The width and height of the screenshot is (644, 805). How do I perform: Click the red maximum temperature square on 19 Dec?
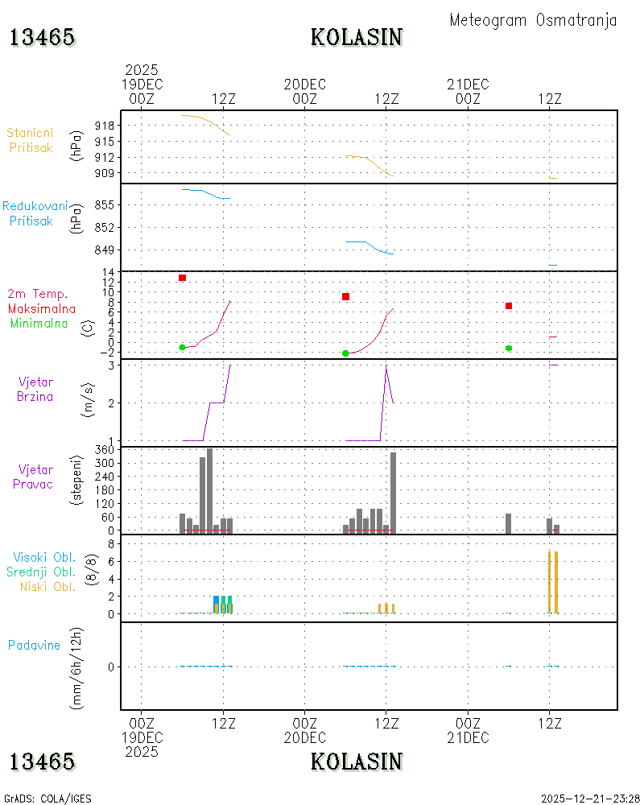click(x=182, y=278)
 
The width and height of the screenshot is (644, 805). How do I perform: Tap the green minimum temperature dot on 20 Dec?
click(x=345, y=353)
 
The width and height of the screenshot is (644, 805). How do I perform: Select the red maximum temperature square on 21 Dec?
click(x=509, y=306)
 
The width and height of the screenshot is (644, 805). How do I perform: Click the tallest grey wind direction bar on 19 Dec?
click(x=209, y=491)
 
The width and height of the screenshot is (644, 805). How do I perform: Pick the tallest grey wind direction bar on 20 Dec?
click(x=394, y=493)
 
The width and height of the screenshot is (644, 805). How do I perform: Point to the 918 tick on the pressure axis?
click(x=105, y=126)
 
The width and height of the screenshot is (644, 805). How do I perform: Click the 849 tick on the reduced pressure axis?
click(x=105, y=250)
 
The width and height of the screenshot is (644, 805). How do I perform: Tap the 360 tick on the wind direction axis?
click(x=105, y=450)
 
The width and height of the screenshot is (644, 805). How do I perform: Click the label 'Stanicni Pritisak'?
click(x=31, y=140)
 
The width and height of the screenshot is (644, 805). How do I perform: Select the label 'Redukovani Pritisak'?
click(x=35, y=213)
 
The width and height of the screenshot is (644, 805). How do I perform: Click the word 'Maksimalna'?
click(x=42, y=309)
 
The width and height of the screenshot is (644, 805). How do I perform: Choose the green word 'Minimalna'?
click(x=39, y=324)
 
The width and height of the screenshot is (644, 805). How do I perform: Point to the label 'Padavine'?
click(x=34, y=646)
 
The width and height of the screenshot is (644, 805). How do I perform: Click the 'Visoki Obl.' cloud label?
click(x=44, y=558)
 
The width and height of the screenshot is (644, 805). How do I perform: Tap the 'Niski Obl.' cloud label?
click(x=47, y=587)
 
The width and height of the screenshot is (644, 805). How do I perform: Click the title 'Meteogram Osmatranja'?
click(x=533, y=21)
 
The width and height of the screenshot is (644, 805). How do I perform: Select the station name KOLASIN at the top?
click(x=357, y=38)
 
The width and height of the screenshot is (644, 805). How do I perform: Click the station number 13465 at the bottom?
click(x=42, y=762)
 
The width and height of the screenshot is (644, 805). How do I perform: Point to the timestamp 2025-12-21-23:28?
click(x=590, y=799)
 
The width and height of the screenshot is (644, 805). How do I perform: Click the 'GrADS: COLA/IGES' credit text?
click(x=47, y=799)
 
